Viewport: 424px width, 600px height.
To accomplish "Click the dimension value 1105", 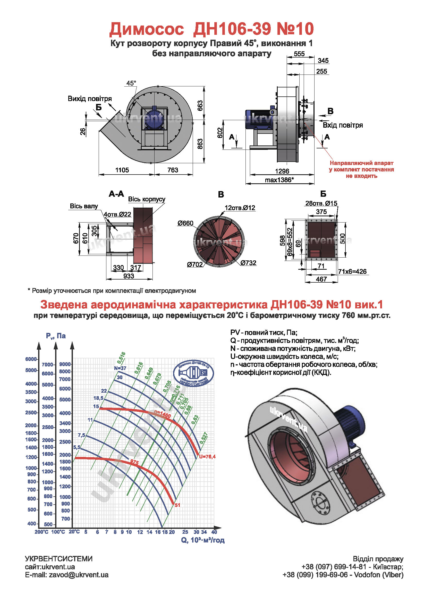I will (x=122, y=170).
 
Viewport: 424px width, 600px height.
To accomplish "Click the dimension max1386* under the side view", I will (x=279, y=180).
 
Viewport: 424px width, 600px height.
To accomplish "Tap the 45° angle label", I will (x=131, y=83).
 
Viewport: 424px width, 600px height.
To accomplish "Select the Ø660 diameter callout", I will (x=185, y=223).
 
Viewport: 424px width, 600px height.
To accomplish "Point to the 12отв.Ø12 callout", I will (x=240, y=208).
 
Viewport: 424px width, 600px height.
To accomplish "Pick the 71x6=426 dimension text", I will (x=352, y=272).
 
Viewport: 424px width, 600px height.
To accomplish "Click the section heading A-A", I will (x=116, y=194).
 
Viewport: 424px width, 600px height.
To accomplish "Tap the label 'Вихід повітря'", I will (x=90, y=99).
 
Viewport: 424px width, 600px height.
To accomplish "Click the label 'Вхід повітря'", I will (x=343, y=125).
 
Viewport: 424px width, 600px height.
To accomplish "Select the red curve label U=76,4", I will (x=207, y=457).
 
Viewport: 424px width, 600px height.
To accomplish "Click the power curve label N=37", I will (x=120, y=368).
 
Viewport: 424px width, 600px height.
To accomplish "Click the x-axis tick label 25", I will (x=185, y=532).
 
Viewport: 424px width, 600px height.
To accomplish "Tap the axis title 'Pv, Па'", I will (x=56, y=336).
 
